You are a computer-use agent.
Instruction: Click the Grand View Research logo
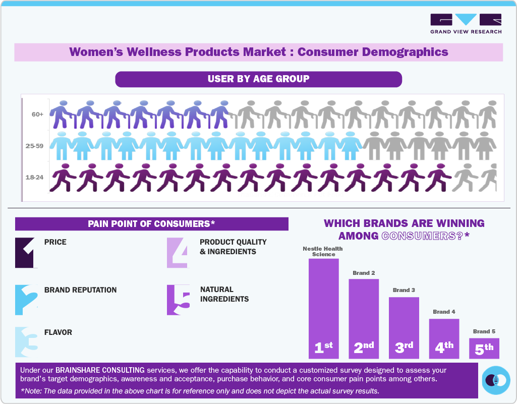point(466,23)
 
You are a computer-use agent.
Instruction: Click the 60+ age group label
point(37,114)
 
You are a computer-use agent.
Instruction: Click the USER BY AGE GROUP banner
point(258,79)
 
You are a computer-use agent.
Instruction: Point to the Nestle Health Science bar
point(323,308)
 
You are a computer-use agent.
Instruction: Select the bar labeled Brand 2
point(364,318)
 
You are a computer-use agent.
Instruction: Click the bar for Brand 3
point(404,327)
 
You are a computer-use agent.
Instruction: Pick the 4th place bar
point(444,338)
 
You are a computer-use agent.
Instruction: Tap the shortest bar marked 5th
point(484,348)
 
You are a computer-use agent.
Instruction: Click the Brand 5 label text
point(484,331)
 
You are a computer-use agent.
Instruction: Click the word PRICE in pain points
point(55,242)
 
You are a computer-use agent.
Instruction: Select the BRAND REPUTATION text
point(80,290)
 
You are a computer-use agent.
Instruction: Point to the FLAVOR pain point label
point(58,332)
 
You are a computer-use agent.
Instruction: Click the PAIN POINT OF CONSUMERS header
point(151,224)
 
